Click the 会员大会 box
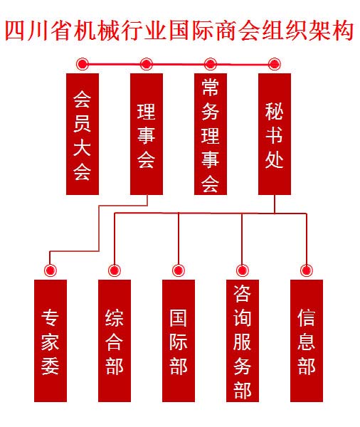83,134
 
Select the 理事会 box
147,134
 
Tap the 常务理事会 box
211,134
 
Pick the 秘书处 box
275,134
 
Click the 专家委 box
51,341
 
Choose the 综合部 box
115,341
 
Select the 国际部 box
179,341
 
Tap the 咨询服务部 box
243,341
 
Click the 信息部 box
307,341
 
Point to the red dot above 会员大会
83,64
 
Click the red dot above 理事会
147,64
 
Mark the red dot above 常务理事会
210,64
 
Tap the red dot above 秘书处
274,64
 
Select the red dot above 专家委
51,270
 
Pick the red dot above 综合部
115,270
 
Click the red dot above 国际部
179,270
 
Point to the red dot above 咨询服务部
243,270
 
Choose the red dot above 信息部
307,270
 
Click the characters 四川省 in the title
39,30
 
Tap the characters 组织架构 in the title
308,30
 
